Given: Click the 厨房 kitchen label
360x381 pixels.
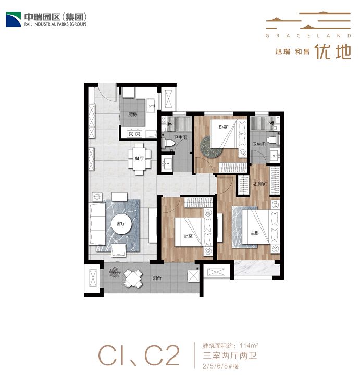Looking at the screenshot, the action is pos(133,114).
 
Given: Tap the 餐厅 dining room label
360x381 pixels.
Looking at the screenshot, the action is pos(139,158).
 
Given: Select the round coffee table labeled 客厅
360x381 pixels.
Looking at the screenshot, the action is pos(121,224).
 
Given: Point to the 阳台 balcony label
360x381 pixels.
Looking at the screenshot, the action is pos(157,278).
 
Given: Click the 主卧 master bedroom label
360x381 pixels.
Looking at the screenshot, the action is pos(255,233).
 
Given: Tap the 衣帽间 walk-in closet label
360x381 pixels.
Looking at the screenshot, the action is pos(260,184).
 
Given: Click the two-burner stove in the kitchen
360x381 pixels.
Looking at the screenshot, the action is pos(134,134).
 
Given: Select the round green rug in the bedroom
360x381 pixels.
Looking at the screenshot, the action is pos(211,146).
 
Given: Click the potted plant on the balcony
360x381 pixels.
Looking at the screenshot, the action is pos(115,272).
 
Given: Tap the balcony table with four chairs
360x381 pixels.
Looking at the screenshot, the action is pos(133,278).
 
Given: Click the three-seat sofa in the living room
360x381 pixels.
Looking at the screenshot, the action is pos(97,224).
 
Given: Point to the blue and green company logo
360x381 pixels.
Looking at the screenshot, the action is pos(14,19).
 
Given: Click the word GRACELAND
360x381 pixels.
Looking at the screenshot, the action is pos(308,36).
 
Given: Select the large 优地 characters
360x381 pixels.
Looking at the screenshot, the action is pos(333,52).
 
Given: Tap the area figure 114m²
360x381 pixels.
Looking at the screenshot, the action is pos(249,345).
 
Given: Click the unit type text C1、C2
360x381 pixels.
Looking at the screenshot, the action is pos(139,356).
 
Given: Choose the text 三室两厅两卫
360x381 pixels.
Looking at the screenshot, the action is pos(230,355).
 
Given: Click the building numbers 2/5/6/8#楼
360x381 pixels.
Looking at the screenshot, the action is pos(220,366).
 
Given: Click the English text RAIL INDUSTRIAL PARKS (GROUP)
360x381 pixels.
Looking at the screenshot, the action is pos(55,24).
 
